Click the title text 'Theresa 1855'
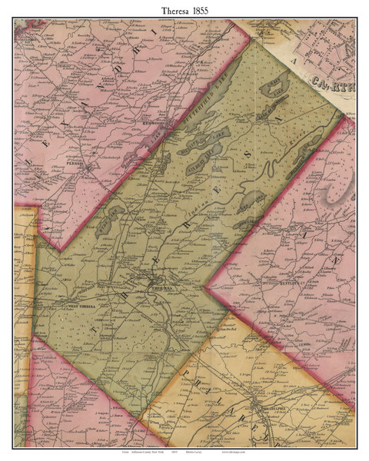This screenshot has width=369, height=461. (x=184, y=11)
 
